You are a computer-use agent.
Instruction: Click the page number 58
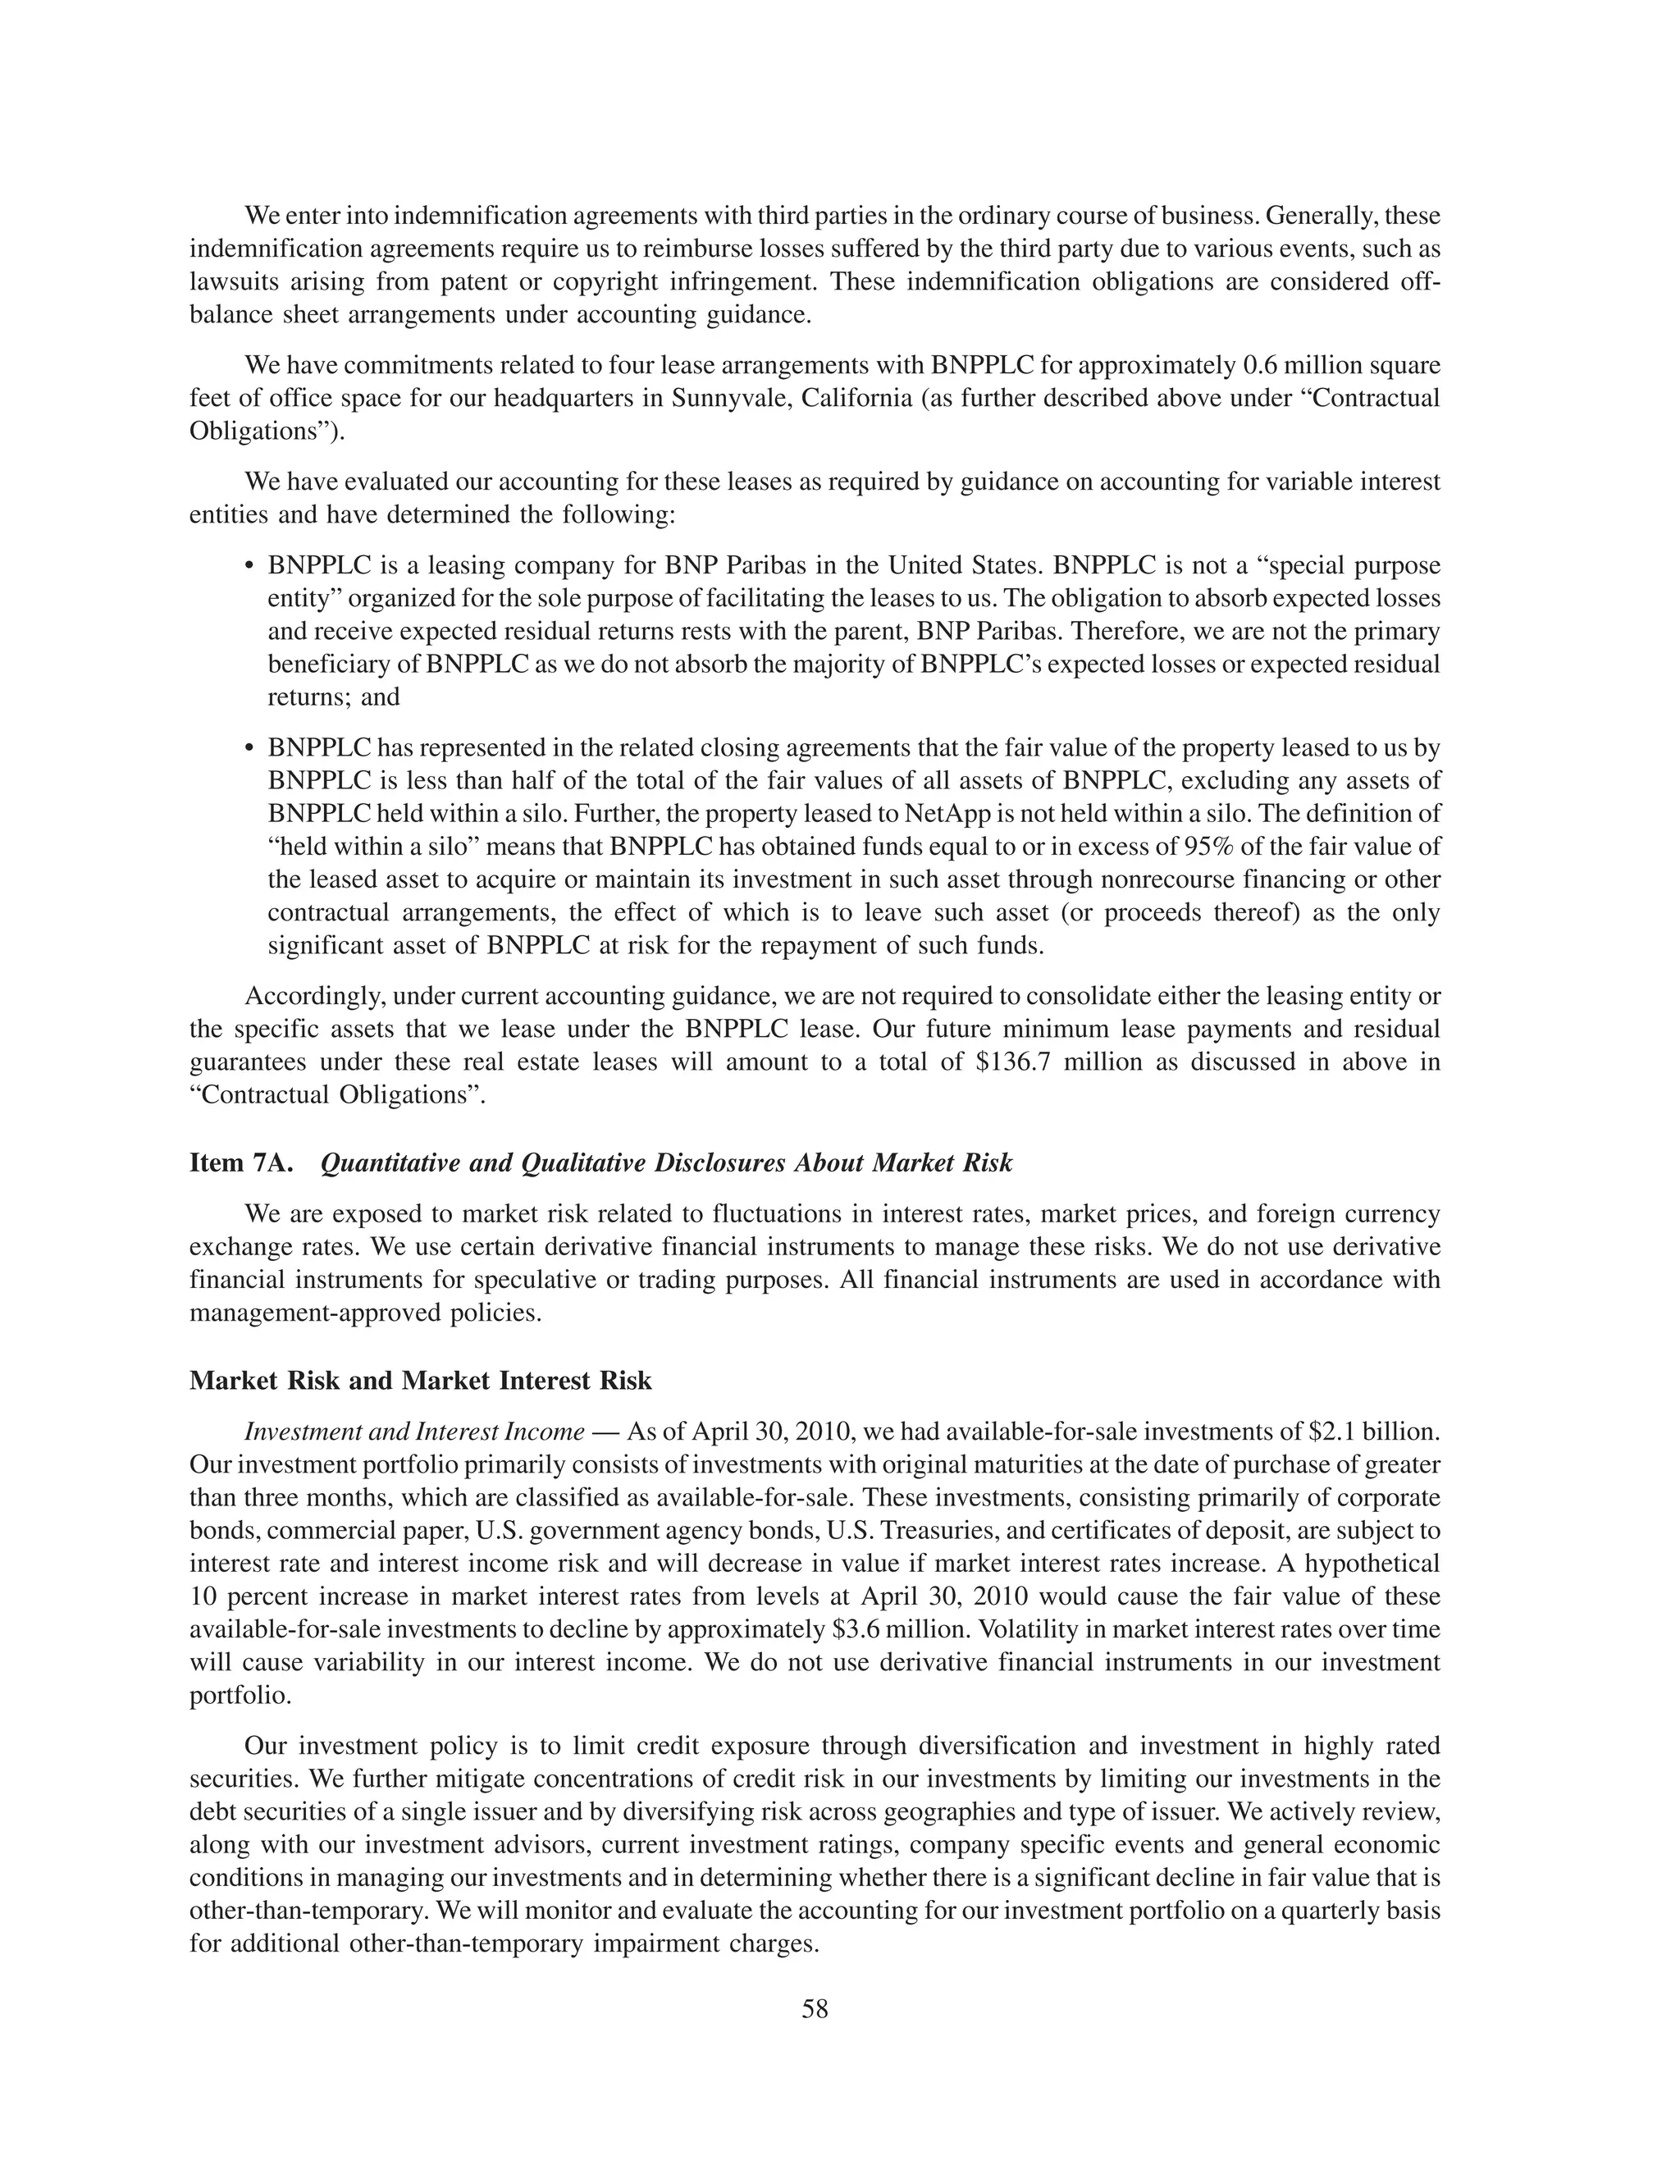[814, 2009]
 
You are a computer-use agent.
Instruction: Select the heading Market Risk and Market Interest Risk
[420, 1381]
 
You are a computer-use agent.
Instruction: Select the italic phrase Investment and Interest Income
[414, 1432]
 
